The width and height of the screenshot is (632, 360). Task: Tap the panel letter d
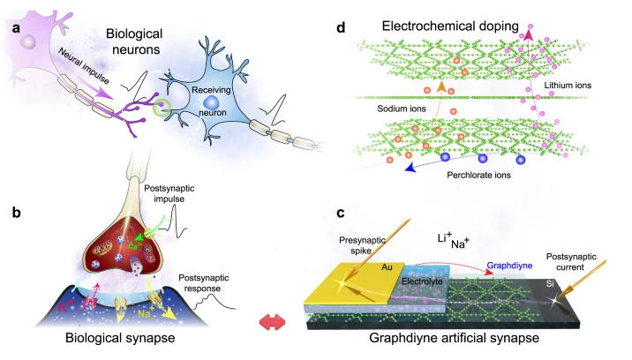tap(342, 28)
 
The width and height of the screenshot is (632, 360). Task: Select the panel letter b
tap(16, 212)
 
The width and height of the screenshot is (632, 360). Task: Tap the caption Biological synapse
tap(123, 338)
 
